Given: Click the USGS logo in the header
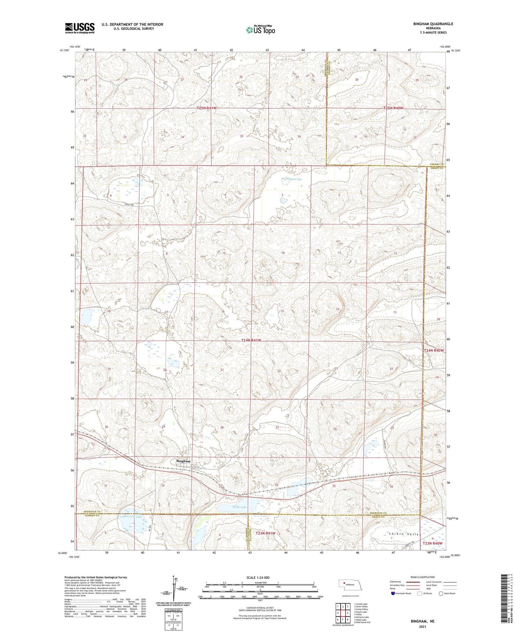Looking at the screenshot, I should tap(80, 28).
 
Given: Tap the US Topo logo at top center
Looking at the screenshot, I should tap(260, 30).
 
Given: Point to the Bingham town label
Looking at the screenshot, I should tap(183, 461).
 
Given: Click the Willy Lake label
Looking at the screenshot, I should tap(239, 507).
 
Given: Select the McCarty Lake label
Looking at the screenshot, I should tap(133, 517).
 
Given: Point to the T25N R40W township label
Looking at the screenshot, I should tap(393, 108).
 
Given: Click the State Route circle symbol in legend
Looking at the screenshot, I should tap(441, 593).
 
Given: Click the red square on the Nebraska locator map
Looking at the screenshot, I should tap(344, 583).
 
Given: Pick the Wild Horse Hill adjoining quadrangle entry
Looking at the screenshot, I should tap(362, 622).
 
